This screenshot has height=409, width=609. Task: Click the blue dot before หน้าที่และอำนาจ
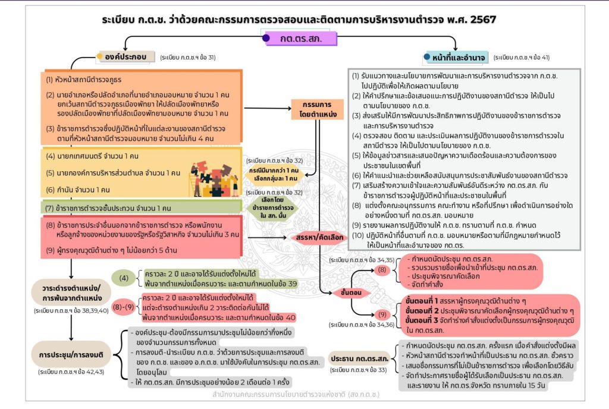pyautogui.click(x=427, y=57)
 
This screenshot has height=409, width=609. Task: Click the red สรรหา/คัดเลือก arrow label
pyautogui.click(x=319, y=237)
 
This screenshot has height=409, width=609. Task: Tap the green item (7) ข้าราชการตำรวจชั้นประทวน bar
pyautogui.click(x=108, y=209)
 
